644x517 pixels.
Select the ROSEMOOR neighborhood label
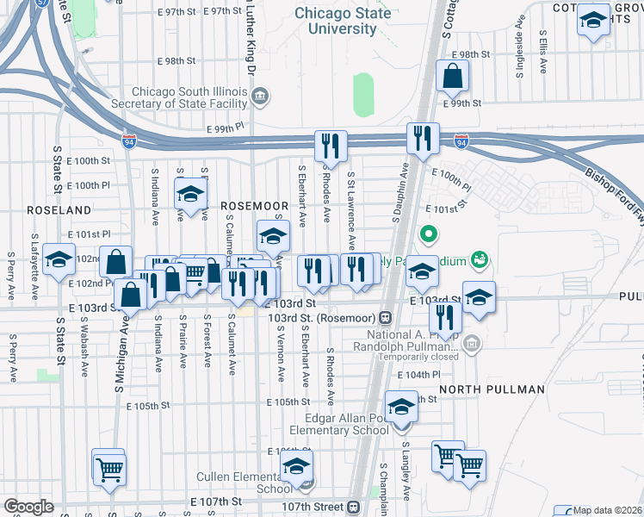(x=253, y=206)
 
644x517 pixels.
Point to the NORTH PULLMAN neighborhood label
(x=492, y=389)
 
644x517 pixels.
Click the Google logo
(x=28, y=507)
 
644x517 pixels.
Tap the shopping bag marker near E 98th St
(x=452, y=78)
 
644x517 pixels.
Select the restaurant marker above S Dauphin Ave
(x=423, y=139)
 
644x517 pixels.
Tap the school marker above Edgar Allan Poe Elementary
(x=401, y=407)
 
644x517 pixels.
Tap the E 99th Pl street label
(x=226, y=128)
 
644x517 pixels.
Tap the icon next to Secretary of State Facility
(x=262, y=95)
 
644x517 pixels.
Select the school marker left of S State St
(x=59, y=260)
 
